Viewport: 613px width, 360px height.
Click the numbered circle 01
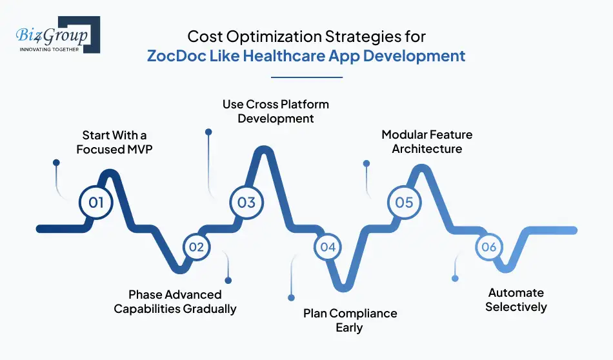click(x=96, y=202)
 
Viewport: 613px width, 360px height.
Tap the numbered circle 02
click(x=197, y=247)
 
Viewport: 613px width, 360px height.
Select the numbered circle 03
click(x=246, y=202)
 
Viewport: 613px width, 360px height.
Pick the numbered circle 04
click(x=328, y=247)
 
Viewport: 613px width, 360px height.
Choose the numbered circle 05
click(x=404, y=202)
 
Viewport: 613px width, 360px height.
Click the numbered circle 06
click(x=488, y=247)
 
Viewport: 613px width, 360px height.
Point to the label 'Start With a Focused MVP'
click(x=114, y=142)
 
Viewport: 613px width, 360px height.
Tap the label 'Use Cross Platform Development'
click(x=276, y=111)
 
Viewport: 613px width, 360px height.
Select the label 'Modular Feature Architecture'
click(x=427, y=142)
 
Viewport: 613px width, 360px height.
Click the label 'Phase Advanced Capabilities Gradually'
click(x=175, y=301)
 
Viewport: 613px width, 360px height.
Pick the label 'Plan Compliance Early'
click(x=350, y=321)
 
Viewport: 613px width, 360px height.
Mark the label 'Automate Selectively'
click(x=516, y=300)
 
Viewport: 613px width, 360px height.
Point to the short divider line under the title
click(x=306, y=77)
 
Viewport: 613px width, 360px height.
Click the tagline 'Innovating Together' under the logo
click(x=49, y=48)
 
